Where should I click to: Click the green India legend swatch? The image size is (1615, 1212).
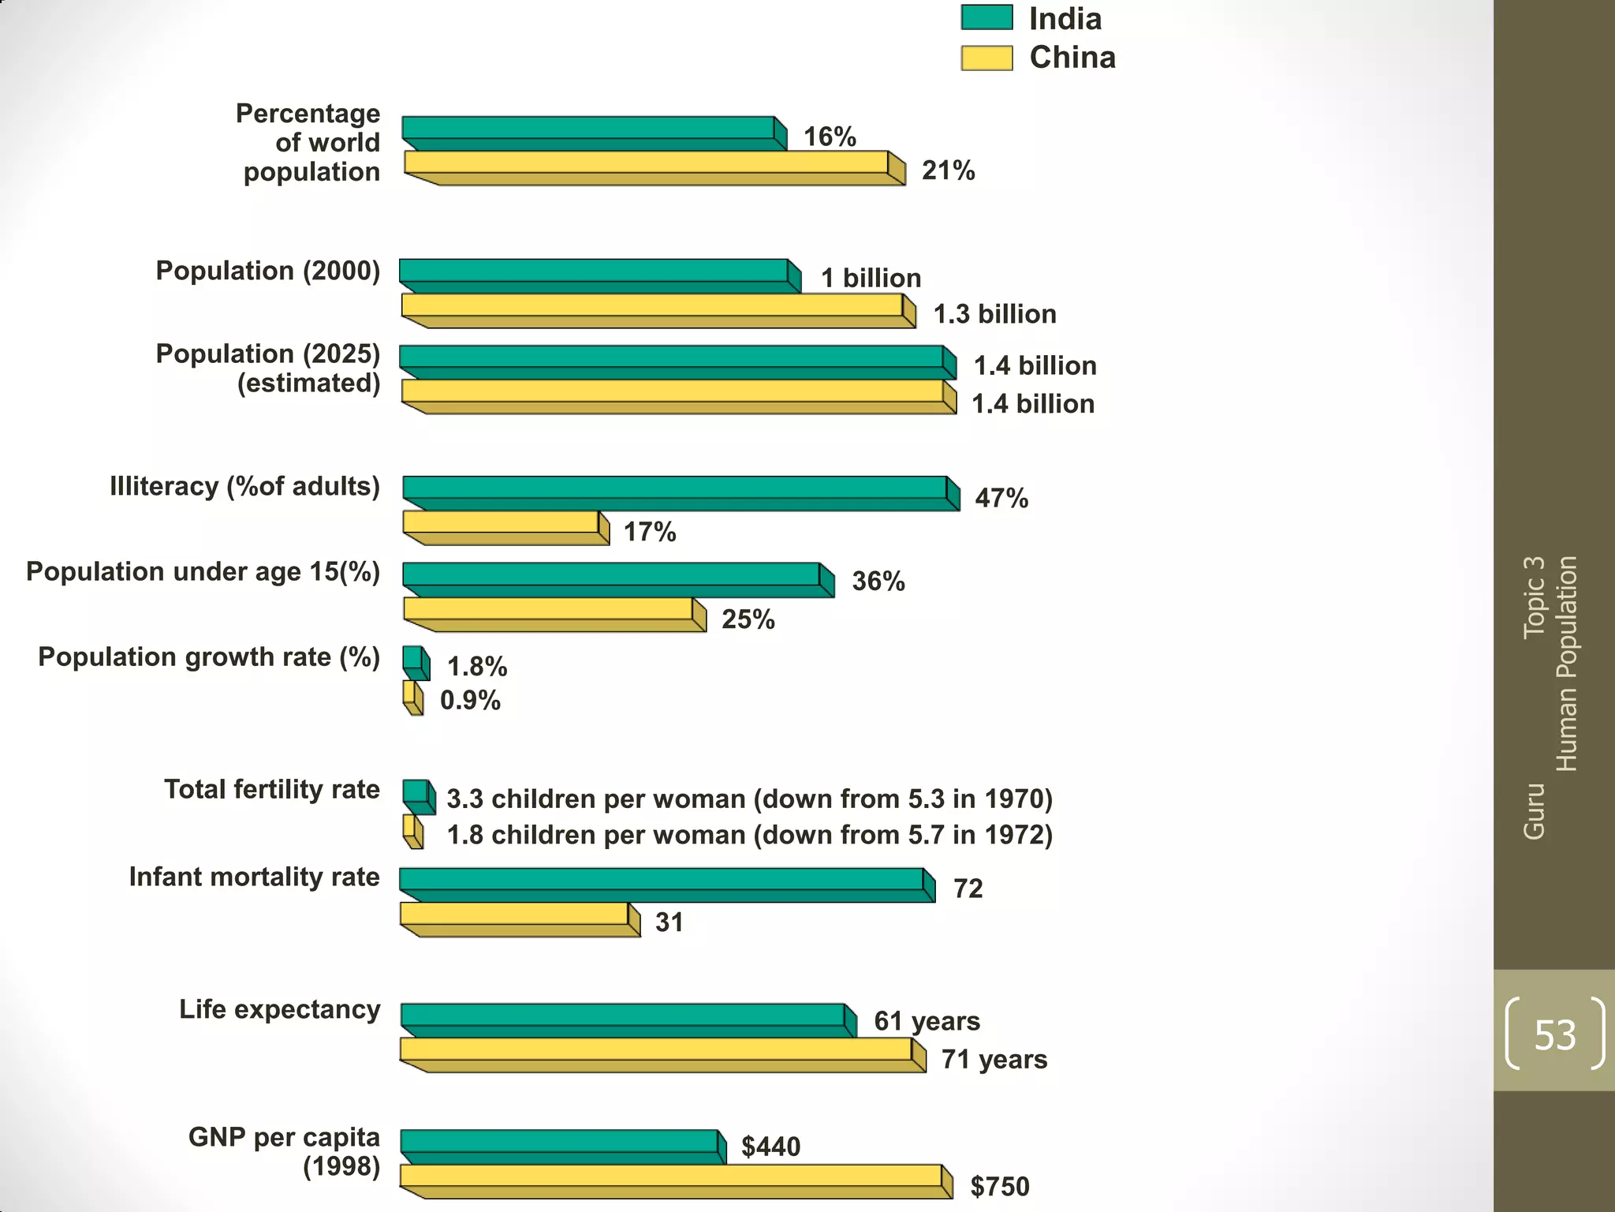987,17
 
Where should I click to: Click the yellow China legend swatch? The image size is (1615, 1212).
987,58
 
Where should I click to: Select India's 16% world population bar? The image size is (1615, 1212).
588,129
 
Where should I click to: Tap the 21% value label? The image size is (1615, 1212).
948,170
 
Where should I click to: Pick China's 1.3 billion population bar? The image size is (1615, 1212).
652,305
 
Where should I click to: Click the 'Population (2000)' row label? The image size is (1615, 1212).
268,271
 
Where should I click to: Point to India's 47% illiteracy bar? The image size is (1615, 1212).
675,488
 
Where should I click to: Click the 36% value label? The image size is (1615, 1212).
878,582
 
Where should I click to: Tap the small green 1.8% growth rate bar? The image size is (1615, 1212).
413,658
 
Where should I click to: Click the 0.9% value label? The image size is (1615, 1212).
470,700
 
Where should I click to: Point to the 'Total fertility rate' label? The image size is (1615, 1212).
272,789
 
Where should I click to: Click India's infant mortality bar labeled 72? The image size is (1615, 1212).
662,880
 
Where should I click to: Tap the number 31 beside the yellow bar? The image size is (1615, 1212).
669,922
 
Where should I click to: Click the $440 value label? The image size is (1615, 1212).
770,1147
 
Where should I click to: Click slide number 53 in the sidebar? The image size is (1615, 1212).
1554,1034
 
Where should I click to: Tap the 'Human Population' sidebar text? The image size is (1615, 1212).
1566,664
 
